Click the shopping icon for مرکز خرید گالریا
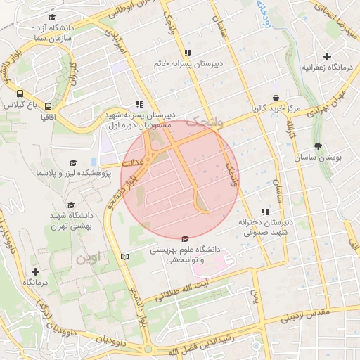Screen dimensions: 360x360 (x=276, y=98)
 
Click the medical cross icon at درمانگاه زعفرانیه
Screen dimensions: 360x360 (x=327, y=56)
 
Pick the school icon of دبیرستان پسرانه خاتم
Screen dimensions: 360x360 (x=188, y=53)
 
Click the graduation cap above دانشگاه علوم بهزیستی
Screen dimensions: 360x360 (x=184, y=238)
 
